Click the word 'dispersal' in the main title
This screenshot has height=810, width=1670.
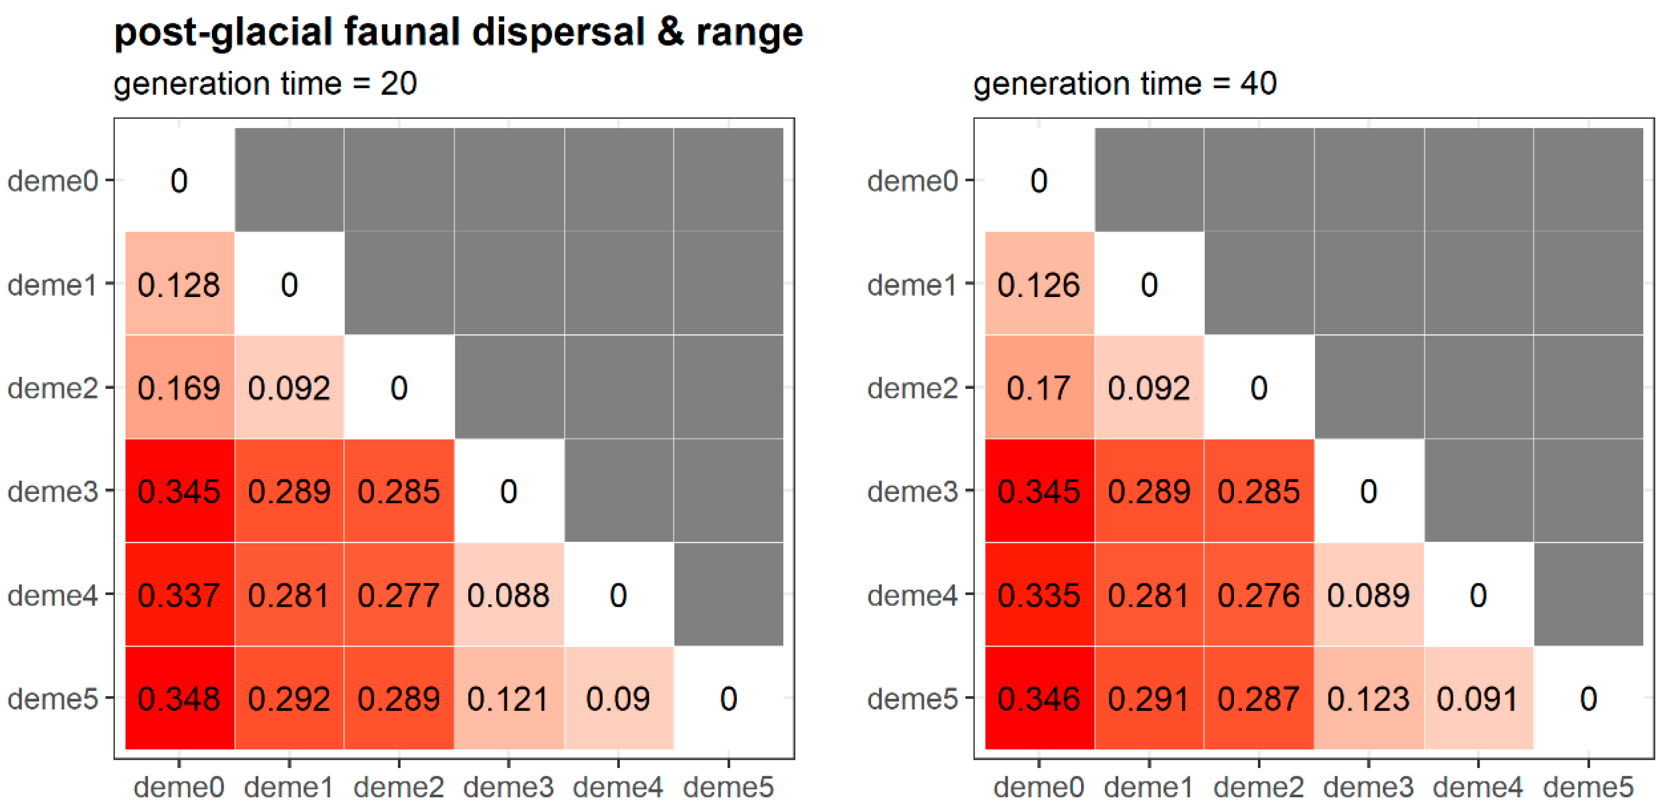[x=558, y=32]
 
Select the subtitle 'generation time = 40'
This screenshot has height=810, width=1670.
[x=1124, y=84]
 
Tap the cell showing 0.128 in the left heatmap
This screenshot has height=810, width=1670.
[x=179, y=284]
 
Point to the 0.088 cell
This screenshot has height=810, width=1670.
[x=508, y=595]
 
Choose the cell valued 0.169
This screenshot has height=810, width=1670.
[x=179, y=387]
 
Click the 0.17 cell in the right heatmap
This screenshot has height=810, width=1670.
[x=1039, y=387]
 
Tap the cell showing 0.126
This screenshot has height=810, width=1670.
[x=1039, y=284]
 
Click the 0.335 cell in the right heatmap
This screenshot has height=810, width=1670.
[x=1039, y=595]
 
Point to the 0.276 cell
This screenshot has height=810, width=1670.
[x=1258, y=595]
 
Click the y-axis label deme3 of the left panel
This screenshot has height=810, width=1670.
[x=52, y=491]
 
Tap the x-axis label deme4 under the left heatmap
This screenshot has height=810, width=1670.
[x=618, y=787]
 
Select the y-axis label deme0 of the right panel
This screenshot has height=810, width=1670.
[x=912, y=180]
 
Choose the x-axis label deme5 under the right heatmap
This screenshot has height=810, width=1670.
[x=1587, y=787]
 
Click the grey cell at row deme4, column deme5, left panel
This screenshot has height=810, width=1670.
[x=728, y=595]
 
